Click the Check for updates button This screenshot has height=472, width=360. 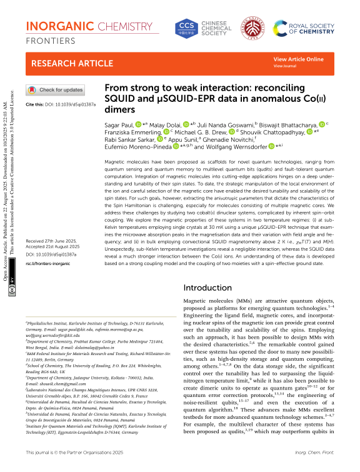coord(54,90)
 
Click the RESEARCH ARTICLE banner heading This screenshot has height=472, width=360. coord(65,63)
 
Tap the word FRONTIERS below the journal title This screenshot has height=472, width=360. coord(51,40)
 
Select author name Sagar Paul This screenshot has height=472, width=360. coord(117,125)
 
